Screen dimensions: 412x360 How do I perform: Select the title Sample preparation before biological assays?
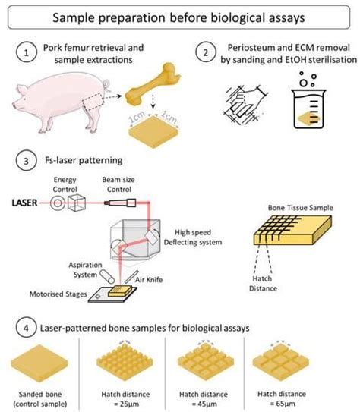[x=180, y=17]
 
